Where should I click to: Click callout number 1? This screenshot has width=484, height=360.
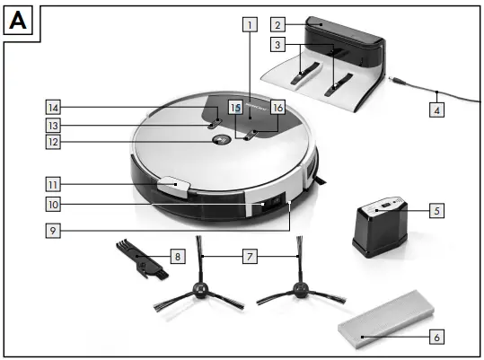coord(249,25)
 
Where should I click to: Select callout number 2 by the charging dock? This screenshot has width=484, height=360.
coord(279,25)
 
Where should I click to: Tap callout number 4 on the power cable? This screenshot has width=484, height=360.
coord(436,111)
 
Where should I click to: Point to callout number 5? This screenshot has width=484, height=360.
coord(436,211)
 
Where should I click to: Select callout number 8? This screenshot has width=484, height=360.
coord(178,257)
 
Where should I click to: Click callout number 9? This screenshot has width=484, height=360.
coord(55,229)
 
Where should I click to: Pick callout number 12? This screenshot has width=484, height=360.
coord(55,142)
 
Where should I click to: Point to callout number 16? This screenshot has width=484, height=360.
coord(277,107)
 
